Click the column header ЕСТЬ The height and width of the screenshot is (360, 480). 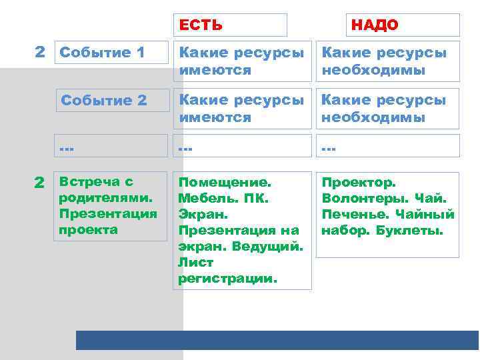tap(201, 25)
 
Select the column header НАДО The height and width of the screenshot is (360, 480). tap(375, 25)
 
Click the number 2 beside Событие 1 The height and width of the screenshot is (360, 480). tap(40, 51)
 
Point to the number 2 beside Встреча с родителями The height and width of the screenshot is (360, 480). tap(40, 182)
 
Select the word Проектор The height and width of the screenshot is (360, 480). tap(359, 182)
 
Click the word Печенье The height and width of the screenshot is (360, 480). tap(355, 215)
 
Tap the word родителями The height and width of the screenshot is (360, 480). tap(106, 198)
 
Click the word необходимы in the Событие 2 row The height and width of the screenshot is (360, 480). tap(373, 117)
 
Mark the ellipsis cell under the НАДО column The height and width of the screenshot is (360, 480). tap(388, 146)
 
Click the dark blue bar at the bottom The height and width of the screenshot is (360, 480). tap(277, 340)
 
